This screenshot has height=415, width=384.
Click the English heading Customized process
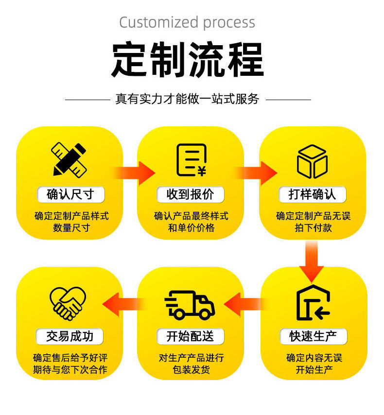point(187,22)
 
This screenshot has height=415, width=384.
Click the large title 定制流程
point(188,60)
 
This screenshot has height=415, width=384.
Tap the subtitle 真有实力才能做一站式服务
point(188,99)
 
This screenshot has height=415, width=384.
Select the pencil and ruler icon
point(70,158)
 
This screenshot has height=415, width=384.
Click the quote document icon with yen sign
point(191,160)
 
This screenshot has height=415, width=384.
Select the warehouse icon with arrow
point(313,304)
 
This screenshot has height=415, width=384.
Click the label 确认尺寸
point(70,195)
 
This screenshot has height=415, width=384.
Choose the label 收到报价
point(191,195)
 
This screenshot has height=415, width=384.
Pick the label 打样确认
point(312,195)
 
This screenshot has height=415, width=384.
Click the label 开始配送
point(190,336)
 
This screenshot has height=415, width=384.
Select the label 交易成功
point(70,336)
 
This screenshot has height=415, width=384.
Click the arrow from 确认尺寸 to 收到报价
point(134,173)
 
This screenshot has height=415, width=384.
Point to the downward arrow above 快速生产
point(312,260)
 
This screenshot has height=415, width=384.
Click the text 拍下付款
point(313,227)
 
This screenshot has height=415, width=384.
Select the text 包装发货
point(191,370)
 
